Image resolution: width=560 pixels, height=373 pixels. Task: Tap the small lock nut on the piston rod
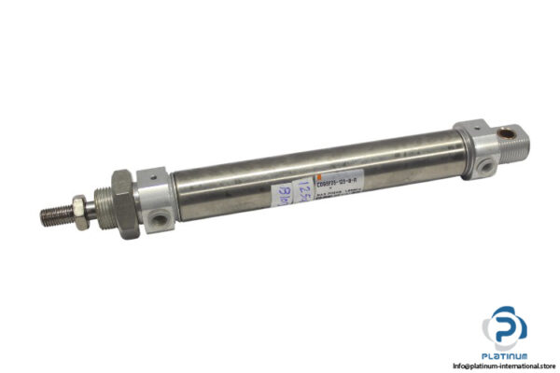click(x=89, y=201)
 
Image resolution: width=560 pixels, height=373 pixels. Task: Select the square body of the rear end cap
click(x=477, y=147)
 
